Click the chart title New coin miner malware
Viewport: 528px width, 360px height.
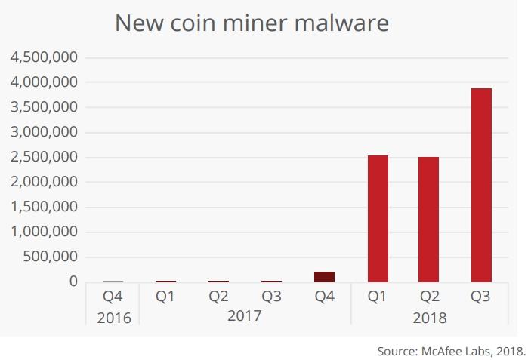[x=252, y=23]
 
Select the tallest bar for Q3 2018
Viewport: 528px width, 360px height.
[x=481, y=185]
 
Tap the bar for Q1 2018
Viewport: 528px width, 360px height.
[x=377, y=219]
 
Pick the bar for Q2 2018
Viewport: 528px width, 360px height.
[x=428, y=220]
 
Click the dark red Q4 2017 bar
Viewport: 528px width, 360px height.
[x=324, y=276]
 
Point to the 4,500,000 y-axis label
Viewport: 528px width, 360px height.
[x=43, y=57]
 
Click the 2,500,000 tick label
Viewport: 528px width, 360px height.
[x=43, y=157]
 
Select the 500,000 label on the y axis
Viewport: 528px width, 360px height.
[x=50, y=257]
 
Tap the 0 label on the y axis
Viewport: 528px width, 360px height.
[x=73, y=282]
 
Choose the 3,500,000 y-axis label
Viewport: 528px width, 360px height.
[x=43, y=107]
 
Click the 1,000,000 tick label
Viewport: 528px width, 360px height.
[x=43, y=232]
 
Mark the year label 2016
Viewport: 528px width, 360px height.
[x=113, y=318]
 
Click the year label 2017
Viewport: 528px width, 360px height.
[x=244, y=315]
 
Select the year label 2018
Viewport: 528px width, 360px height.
[x=429, y=318]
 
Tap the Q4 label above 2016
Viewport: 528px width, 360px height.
[x=113, y=297]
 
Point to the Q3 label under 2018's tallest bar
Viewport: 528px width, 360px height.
[x=481, y=297]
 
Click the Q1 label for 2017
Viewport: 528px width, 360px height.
[x=165, y=297]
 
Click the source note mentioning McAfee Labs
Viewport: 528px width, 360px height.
[x=451, y=351]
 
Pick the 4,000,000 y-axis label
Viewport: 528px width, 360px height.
[x=43, y=82]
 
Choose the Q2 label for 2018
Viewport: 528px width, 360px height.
[x=428, y=297]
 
